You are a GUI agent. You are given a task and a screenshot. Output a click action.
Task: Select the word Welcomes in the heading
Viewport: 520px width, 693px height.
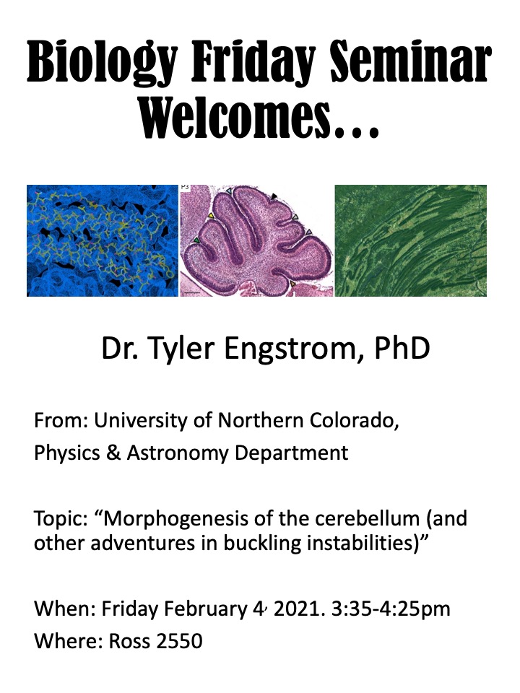coord(235,118)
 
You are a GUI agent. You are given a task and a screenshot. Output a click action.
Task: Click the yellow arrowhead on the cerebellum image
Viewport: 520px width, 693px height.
coord(211,215)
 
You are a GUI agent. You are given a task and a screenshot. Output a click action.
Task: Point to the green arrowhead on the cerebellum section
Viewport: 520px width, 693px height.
coord(196,240)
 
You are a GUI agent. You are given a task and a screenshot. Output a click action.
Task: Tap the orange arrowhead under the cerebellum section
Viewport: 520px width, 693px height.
coord(292,284)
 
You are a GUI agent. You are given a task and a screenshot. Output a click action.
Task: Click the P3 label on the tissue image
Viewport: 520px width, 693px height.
coord(185,188)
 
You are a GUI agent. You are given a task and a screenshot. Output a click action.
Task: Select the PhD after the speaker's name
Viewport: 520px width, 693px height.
coord(402,348)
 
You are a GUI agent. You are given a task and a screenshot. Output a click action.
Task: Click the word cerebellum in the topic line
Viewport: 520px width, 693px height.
coord(367,518)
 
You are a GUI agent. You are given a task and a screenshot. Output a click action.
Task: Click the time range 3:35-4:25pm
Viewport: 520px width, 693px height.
coord(391,609)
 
